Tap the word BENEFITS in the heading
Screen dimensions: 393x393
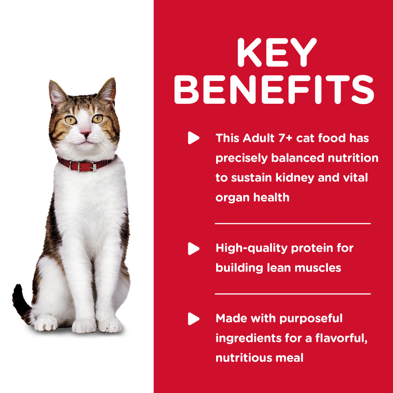tap(274, 91)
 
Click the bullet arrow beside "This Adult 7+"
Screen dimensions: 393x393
tap(193, 138)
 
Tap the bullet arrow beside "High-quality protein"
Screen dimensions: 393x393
tap(193, 248)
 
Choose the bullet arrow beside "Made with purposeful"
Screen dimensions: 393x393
tap(193, 318)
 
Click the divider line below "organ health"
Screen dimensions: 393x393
tap(293, 223)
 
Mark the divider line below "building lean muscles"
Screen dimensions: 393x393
tap(293, 293)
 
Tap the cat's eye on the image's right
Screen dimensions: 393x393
tap(97, 118)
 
